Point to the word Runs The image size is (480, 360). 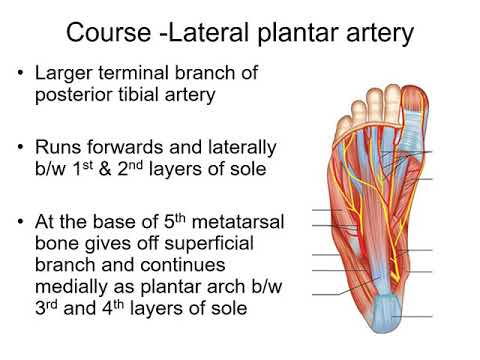(56, 146)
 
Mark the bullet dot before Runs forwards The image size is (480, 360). (22, 147)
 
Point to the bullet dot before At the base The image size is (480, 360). (22, 219)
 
